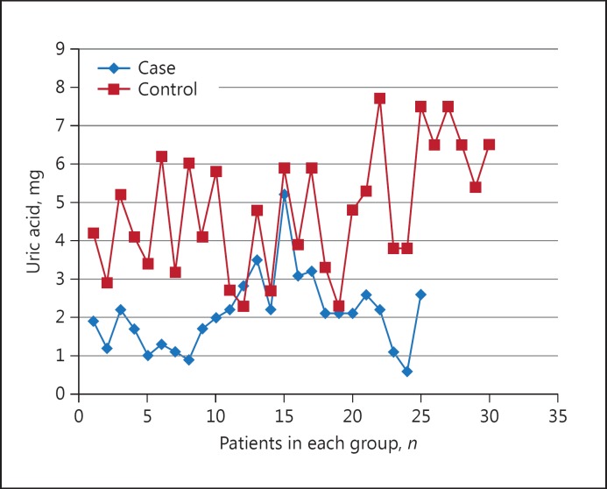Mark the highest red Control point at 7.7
(379, 98)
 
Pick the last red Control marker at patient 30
(489, 145)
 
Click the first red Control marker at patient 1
(93, 233)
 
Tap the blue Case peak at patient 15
(284, 194)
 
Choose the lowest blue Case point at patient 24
(407, 371)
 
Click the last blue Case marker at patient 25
(420, 294)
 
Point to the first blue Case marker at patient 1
(93, 321)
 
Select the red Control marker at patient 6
(161, 156)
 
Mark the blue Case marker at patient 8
(188, 359)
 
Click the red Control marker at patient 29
(476, 187)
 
